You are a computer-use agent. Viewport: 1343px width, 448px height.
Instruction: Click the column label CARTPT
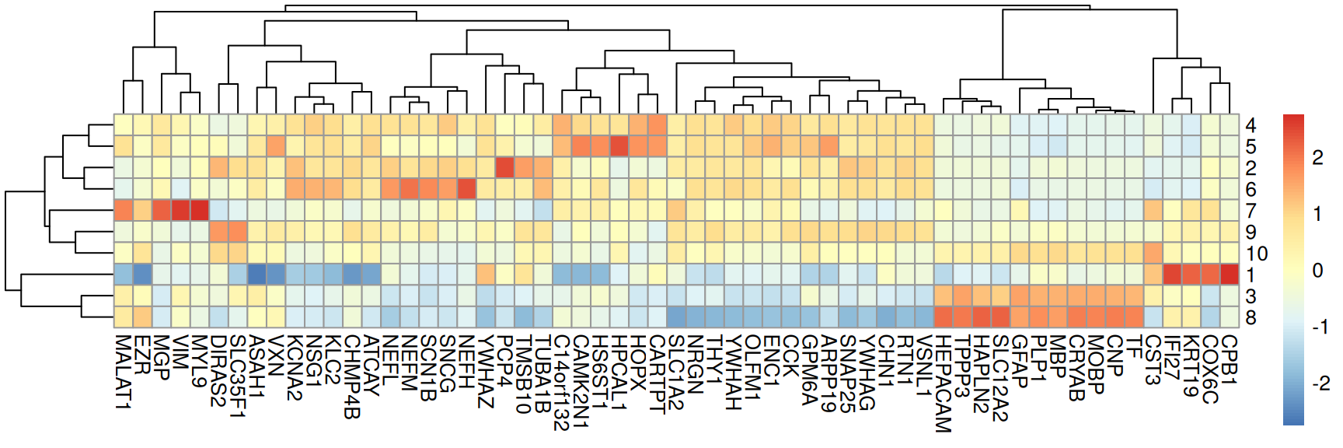[x=657, y=373]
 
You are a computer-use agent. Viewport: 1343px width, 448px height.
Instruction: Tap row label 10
[x=1257, y=254]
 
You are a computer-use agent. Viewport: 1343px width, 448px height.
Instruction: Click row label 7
[x=1251, y=211]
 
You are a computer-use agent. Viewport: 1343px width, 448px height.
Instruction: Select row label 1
[x=1251, y=275]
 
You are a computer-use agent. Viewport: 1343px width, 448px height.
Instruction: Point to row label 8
[x=1251, y=317]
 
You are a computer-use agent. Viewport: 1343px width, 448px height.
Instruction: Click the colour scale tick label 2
[x=1317, y=157]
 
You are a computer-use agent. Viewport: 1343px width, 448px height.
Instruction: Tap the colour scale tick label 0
[x=1317, y=271]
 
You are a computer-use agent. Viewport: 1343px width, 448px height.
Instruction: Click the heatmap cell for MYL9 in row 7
[x=200, y=210]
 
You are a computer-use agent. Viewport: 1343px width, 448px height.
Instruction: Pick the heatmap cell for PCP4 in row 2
[x=504, y=167]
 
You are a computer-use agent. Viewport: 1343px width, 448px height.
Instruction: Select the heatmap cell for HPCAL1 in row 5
[x=619, y=146]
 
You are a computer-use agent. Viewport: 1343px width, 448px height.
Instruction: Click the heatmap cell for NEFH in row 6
[x=466, y=189]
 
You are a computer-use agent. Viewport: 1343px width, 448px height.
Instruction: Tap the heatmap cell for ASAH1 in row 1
[x=257, y=274]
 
